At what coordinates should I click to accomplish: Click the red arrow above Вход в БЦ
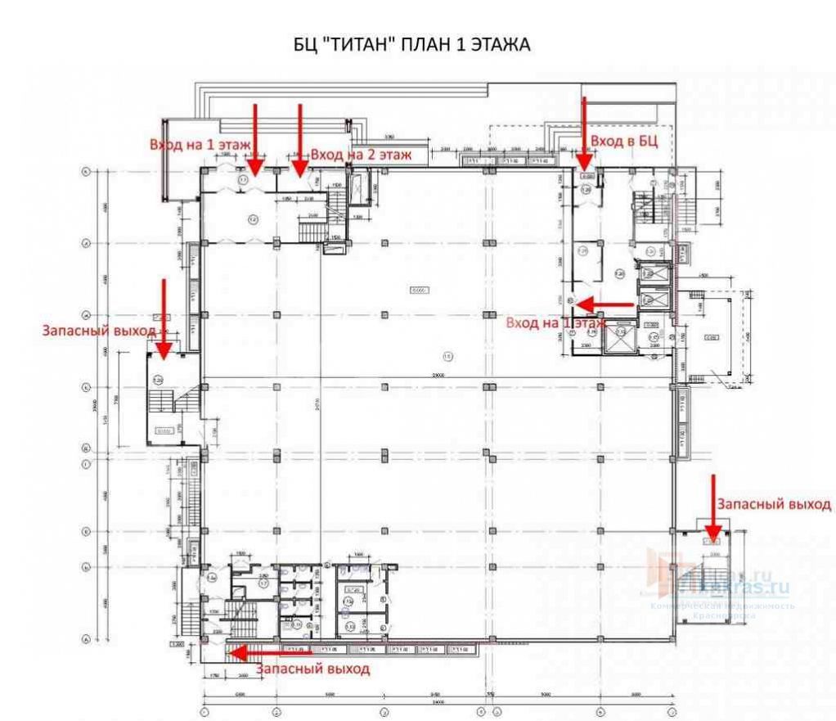point(584,131)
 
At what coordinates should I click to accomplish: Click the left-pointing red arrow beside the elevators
point(605,304)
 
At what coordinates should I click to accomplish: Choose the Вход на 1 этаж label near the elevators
point(555,323)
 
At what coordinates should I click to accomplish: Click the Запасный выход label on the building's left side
point(100,331)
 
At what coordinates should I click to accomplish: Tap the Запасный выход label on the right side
point(775,504)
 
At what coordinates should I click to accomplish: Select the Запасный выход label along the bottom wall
point(312,669)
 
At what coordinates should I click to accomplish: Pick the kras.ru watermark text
point(740,586)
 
